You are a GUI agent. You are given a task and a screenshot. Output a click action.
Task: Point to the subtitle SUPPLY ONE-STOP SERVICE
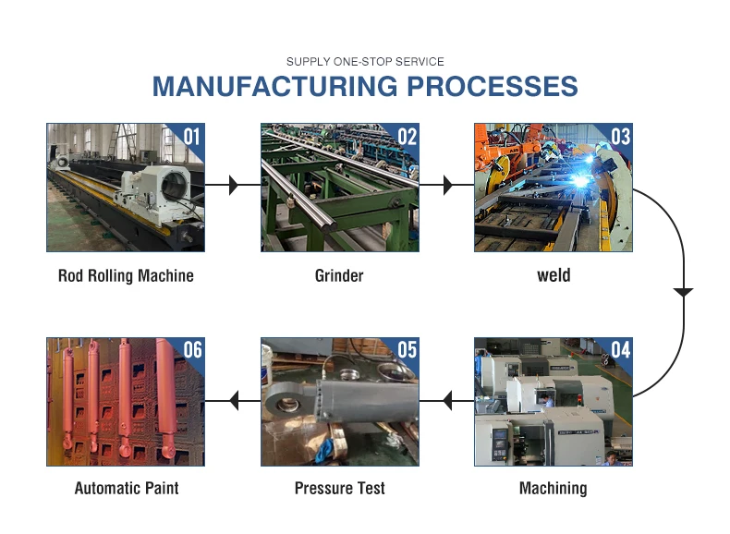[365, 62]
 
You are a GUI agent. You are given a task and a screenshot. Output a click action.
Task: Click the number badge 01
[190, 137]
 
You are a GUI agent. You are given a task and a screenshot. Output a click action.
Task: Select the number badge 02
[406, 137]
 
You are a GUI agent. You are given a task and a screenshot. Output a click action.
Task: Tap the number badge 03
[619, 137]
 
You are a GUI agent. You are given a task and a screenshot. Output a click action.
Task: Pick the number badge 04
[619, 350]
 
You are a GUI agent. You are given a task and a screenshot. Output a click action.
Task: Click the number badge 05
[406, 350]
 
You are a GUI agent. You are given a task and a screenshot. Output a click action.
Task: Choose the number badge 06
[191, 350]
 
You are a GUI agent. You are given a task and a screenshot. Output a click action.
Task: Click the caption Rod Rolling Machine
[126, 275]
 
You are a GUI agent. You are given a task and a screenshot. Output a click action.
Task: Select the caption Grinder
[339, 275]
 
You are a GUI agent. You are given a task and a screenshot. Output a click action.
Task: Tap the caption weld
[554, 275]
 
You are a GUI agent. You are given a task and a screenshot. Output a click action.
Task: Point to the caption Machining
[553, 488]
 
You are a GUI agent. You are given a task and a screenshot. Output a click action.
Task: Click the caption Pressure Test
[339, 488]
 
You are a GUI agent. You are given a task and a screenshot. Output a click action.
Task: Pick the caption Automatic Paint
[126, 488]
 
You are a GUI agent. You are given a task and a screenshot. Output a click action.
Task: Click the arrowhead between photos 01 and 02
[232, 186]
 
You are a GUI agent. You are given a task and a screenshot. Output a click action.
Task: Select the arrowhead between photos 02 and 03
[447, 186]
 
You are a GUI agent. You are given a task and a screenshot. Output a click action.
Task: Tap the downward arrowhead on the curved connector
[683, 293]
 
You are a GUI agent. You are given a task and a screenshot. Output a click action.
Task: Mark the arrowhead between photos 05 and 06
[234, 401]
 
